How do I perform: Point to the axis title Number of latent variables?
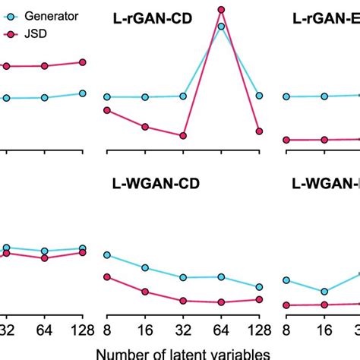click(182, 353)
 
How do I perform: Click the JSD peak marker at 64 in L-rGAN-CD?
click(221, 10)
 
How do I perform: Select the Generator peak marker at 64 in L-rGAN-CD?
click(221, 27)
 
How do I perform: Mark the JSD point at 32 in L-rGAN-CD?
click(183, 136)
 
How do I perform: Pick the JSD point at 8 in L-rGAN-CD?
click(107, 110)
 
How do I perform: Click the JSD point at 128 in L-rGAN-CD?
click(260, 131)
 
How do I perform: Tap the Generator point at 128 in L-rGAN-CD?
click(260, 96)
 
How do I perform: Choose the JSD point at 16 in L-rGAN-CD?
click(145, 127)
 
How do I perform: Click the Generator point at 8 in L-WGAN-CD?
click(107, 255)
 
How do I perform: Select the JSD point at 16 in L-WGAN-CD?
click(145, 291)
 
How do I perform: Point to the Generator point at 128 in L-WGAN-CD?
click(260, 287)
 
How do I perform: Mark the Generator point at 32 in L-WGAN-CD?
click(183, 277)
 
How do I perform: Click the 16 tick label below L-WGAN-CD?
click(145, 330)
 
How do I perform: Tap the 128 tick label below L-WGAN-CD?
click(258, 330)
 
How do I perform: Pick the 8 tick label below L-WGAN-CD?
click(107, 330)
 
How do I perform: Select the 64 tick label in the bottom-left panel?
click(44, 330)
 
